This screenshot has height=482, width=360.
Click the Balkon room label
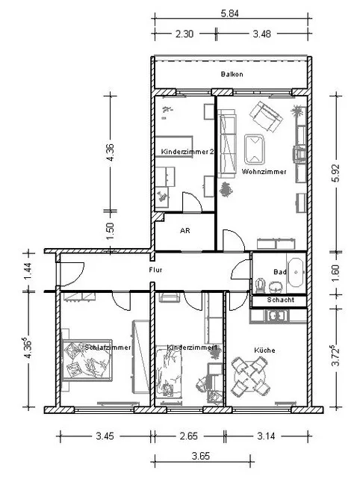(232, 74)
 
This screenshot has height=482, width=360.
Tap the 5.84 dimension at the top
(230, 13)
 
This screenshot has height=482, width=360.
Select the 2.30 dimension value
(184, 34)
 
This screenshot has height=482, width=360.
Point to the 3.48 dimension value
(261, 34)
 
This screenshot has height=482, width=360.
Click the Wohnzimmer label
(264, 172)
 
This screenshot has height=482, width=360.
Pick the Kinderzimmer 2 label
(187, 152)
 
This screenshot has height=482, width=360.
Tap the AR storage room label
(185, 231)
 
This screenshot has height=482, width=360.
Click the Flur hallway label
(155, 270)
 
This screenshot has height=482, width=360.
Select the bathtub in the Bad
(296, 273)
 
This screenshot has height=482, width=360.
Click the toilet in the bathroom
(261, 285)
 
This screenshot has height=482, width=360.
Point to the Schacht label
(280, 300)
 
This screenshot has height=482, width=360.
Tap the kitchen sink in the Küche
(277, 316)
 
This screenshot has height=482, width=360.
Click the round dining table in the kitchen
(250, 376)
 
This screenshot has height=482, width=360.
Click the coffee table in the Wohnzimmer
(254, 149)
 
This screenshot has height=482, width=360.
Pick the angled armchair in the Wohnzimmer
(266, 117)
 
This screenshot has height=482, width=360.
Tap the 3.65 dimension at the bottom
(201, 456)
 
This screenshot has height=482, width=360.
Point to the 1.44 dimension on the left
(28, 271)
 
